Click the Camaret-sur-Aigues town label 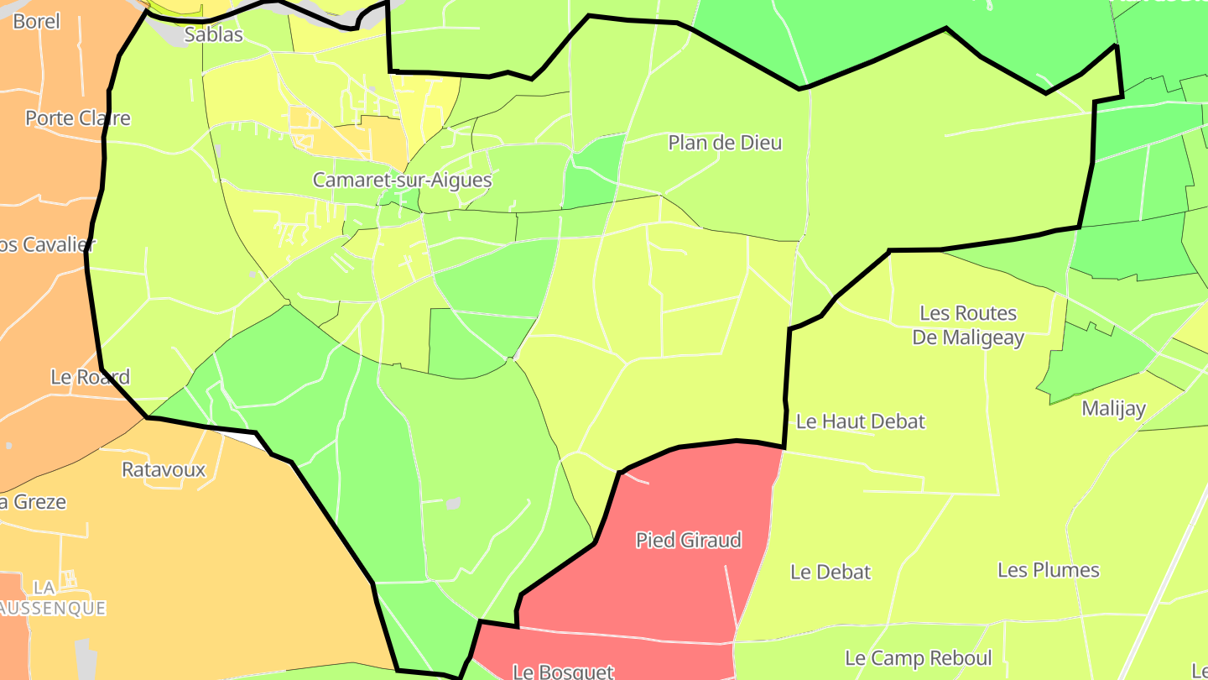tap(402, 180)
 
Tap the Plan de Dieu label tap(725, 143)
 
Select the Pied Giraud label tap(689, 540)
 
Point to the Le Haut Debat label tap(860, 421)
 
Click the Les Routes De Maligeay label tap(968, 325)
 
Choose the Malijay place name tap(1114, 409)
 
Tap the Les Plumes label tap(1048, 570)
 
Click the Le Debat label tap(830, 572)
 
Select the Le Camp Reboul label tap(918, 658)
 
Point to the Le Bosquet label tap(563, 672)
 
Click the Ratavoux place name tap(164, 469)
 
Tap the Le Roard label tap(90, 377)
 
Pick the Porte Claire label tap(78, 118)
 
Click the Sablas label tap(214, 34)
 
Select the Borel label tap(37, 21)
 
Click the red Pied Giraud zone tap(671, 588)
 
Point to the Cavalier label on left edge tap(47, 244)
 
